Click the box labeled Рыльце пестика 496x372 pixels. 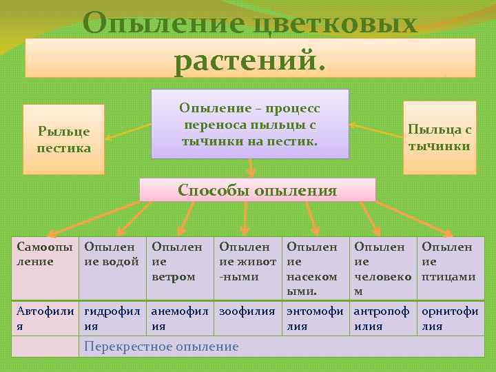click(x=63, y=139)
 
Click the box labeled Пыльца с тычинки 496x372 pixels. click(x=439, y=137)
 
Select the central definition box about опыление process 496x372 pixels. click(x=249, y=125)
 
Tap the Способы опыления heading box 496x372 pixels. click(x=258, y=190)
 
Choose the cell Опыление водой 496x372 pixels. click(x=112, y=269)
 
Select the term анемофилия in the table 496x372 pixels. click(x=179, y=318)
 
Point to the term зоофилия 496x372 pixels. click(x=247, y=311)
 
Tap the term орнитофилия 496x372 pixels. click(x=450, y=318)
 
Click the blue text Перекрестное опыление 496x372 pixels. click(x=161, y=347)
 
